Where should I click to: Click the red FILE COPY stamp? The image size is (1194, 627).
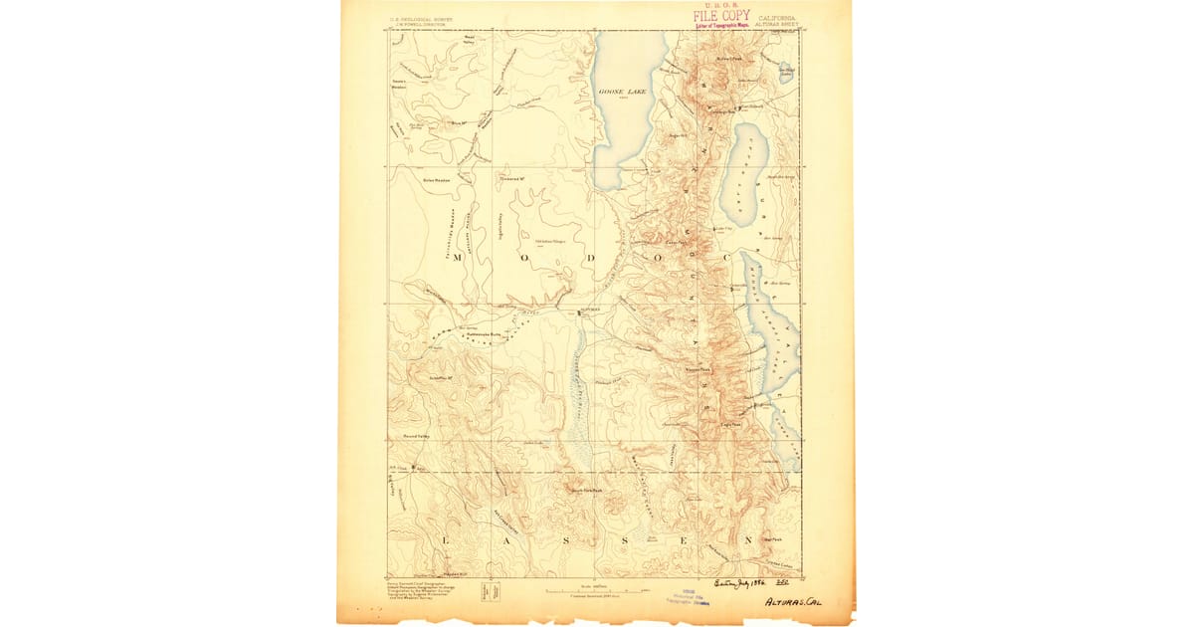pyautogui.click(x=721, y=16)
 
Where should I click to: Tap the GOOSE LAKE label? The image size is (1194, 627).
pyautogui.click(x=624, y=92)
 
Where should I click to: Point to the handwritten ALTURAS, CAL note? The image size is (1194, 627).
pyautogui.click(x=794, y=602)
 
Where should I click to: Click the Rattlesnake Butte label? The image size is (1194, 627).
pyautogui.click(x=482, y=334)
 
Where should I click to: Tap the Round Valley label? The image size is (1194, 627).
pyautogui.click(x=416, y=436)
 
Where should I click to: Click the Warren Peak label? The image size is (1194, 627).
pyautogui.click(x=697, y=370)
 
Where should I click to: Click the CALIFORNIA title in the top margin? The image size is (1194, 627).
pyautogui.click(x=777, y=18)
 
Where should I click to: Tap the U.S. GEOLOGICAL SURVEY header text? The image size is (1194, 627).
pyautogui.click(x=416, y=18)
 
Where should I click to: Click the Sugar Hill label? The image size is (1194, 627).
pyautogui.click(x=680, y=135)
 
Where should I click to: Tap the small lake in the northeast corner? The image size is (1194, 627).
pyautogui.click(x=786, y=70)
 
